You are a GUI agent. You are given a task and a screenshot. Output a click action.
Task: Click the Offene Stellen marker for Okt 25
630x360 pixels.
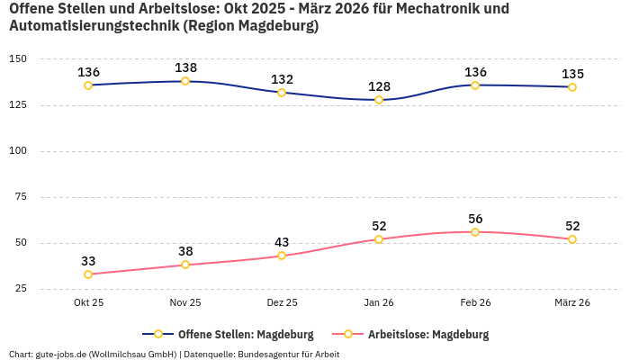[x=88, y=85]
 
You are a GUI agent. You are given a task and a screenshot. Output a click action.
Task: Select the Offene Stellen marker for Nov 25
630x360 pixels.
[x=185, y=81]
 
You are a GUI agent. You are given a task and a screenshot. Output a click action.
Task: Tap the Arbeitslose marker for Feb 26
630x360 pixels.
[x=475, y=232]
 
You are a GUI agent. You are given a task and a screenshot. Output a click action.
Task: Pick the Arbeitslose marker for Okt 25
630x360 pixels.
[x=88, y=274]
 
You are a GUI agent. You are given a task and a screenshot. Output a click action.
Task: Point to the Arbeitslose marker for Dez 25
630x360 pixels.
[x=282, y=256]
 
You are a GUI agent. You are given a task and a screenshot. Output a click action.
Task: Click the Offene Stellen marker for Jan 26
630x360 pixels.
[x=379, y=100]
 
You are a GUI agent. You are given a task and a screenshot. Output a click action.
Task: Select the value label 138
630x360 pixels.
[x=185, y=67]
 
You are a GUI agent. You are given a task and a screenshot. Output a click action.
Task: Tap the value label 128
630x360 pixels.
[x=379, y=86]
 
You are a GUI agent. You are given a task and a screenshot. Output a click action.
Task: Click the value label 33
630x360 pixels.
[x=88, y=261]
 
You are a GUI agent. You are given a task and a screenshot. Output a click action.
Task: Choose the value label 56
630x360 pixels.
[x=475, y=219]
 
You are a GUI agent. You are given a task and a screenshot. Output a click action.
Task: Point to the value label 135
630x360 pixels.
[x=572, y=74]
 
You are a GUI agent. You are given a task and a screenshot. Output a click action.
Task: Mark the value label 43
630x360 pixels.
[x=282, y=242]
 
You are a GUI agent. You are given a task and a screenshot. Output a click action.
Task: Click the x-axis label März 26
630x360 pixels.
[x=572, y=303]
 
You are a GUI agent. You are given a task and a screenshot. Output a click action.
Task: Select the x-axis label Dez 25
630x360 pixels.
[x=282, y=303]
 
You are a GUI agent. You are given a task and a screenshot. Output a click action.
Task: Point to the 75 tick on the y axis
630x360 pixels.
[x=21, y=197]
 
